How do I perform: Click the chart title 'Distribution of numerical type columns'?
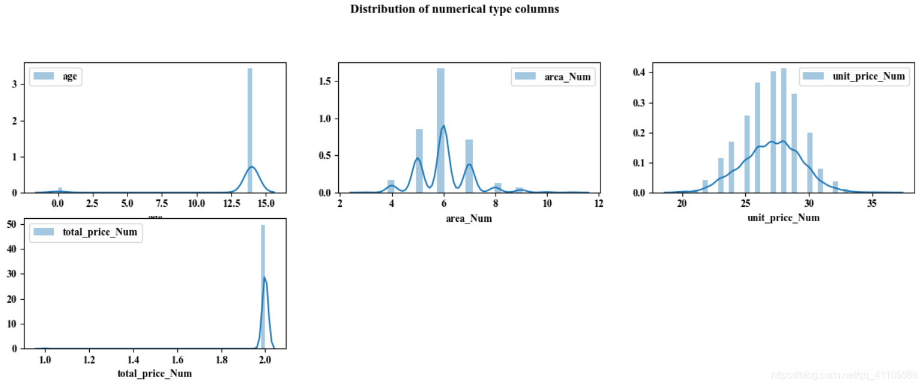click(454, 9)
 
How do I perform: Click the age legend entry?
click(55, 76)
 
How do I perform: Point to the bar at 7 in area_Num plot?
click(469, 166)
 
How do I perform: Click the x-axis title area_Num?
click(469, 219)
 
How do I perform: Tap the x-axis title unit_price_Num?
click(783, 218)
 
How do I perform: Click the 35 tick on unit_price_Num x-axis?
click(872, 203)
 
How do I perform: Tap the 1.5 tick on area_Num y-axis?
click(324, 82)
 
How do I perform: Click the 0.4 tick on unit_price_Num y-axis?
click(640, 73)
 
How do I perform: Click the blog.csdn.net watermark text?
click(844, 375)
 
